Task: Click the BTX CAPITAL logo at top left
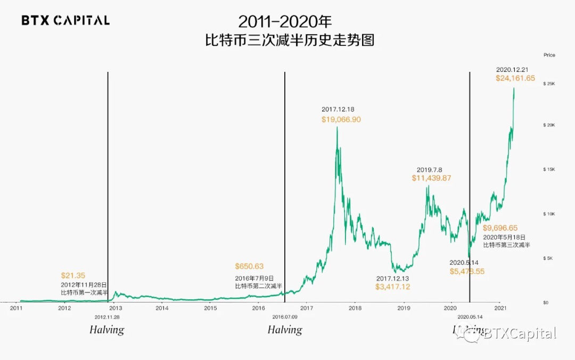point(65,21)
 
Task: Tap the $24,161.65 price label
point(515,78)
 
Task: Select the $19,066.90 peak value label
point(341,120)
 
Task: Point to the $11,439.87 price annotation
point(431,178)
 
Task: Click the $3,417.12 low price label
point(393,287)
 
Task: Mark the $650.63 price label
point(249,266)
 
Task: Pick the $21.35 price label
point(72,275)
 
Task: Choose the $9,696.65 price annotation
point(500,228)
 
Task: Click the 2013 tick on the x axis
point(116,308)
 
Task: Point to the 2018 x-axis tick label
point(355,308)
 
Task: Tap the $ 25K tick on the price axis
point(549,84)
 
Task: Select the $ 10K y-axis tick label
point(549,214)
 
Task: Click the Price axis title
point(549,55)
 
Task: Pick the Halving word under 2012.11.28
point(106,330)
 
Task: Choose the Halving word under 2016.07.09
point(285,330)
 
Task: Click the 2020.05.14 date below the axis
point(470,316)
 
